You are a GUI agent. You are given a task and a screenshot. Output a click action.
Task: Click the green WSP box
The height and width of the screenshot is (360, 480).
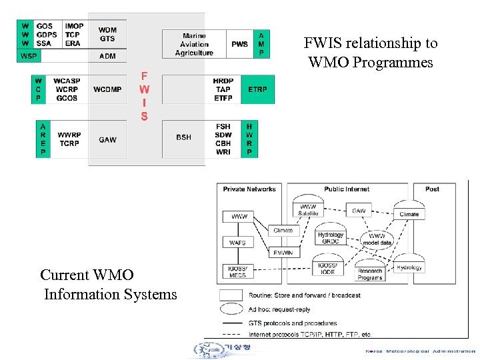tap(29, 56)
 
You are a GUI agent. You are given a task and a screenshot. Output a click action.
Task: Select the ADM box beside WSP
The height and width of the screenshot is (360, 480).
tap(107, 56)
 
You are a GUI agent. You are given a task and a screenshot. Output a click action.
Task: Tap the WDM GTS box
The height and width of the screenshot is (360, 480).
tap(107, 34)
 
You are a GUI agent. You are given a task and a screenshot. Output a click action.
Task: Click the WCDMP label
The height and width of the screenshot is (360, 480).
tap(107, 89)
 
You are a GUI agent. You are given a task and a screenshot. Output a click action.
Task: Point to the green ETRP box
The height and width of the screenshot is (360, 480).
tap(257, 89)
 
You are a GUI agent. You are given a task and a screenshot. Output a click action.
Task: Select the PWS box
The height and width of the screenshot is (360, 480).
tap(239, 44)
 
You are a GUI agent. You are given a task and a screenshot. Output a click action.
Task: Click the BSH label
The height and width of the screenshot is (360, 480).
tap(183, 137)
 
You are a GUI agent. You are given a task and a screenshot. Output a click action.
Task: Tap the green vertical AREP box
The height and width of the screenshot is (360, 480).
tap(43, 139)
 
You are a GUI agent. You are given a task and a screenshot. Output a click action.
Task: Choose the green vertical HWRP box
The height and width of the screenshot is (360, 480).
tap(249, 139)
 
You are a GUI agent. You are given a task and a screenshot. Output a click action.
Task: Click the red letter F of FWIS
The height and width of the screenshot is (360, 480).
tap(144, 75)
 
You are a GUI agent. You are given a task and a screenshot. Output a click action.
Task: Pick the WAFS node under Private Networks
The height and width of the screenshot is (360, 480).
tap(238, 243)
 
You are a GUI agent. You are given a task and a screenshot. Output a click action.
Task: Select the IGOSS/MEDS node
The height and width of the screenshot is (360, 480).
tap(238, 271)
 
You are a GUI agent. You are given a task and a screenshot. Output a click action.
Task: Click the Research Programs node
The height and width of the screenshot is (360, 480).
tap(369, 274)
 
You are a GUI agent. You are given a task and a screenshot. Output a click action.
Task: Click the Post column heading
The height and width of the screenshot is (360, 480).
tap(432, 189)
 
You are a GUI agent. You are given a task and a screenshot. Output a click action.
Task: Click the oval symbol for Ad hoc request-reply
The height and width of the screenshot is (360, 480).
tap(231, 309)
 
